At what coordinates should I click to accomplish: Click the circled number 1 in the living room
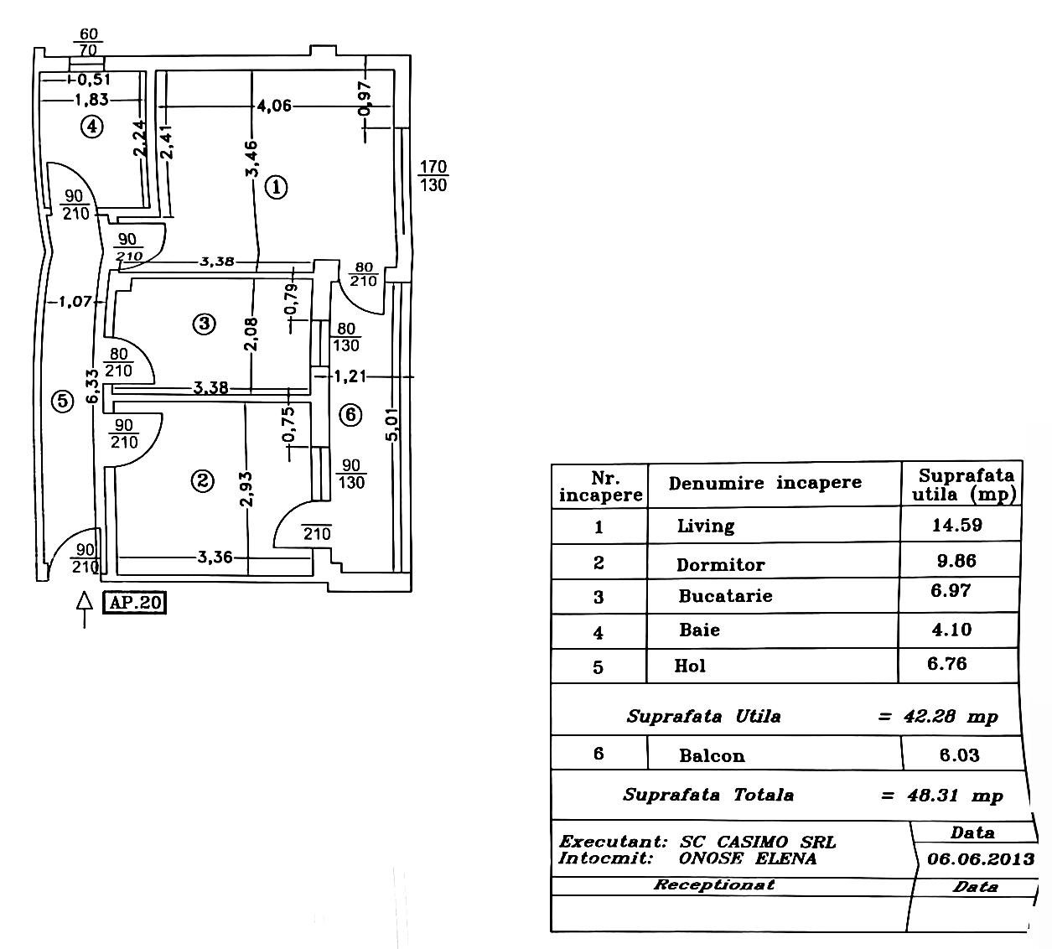276,186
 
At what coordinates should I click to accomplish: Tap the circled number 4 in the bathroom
91,127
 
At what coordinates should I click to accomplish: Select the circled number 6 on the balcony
351,414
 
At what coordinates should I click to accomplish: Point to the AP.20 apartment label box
135,603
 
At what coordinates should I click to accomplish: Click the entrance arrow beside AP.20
84,609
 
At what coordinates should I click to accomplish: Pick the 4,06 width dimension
274,106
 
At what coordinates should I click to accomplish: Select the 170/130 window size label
433,176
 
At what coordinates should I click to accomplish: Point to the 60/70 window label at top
88,43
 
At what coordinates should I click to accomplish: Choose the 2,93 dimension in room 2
246,489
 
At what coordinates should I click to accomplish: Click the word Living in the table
706,526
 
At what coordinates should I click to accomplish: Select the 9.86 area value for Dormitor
956,561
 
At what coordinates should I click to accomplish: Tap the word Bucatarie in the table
725,596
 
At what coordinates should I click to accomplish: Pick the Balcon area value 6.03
959,755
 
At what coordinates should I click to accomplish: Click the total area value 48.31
930,795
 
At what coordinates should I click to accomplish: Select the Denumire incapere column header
764,483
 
